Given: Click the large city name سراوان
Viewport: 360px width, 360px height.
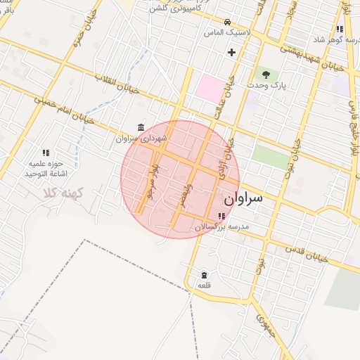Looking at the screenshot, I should click(240, 199).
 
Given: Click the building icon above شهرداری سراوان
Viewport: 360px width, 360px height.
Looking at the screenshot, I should click(142, 127).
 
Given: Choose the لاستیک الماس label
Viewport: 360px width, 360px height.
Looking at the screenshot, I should click(224, 32).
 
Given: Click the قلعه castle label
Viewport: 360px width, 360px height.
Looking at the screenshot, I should click(204, 285).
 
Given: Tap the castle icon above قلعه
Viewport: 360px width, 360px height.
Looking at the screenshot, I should click(204, 274).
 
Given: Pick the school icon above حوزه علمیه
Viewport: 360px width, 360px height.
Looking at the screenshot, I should click(46, 153).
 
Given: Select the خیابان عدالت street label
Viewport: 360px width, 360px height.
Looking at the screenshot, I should click(229, 98).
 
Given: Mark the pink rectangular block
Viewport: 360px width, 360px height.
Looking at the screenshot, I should click(208, 88).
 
